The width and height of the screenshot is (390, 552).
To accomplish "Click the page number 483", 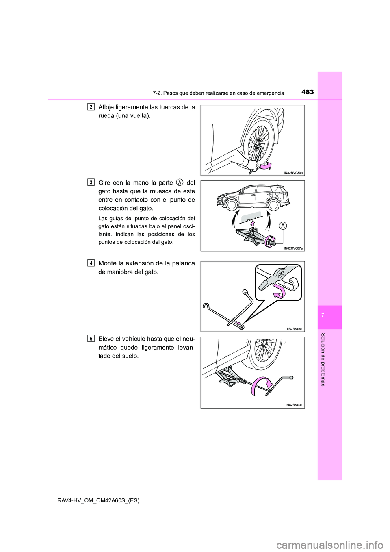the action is (308, 92).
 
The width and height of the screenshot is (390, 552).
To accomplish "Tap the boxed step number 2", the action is (91, 107).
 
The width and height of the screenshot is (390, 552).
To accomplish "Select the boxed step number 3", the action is (91, 182).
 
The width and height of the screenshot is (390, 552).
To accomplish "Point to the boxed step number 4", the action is (91, 263).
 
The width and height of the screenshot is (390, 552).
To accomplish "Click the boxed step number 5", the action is (91, 338).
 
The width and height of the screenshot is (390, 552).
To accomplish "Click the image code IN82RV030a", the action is (293, 172).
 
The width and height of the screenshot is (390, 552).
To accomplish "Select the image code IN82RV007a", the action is (293, 248).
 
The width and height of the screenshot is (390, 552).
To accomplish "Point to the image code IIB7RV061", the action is (295, 328).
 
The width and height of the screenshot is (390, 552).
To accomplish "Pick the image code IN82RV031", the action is (295, 404).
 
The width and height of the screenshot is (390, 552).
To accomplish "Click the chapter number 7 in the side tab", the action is (329, 316).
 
